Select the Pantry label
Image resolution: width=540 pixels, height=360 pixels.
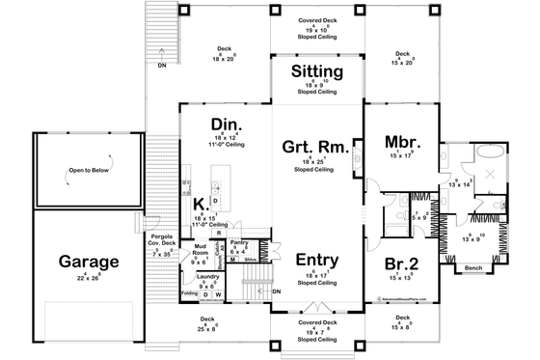[240, 243]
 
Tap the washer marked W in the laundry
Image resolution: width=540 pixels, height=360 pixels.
[218, 294]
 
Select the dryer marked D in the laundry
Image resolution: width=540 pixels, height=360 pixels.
[204, 294]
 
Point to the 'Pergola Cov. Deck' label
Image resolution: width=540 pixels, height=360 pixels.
[161, 241]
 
